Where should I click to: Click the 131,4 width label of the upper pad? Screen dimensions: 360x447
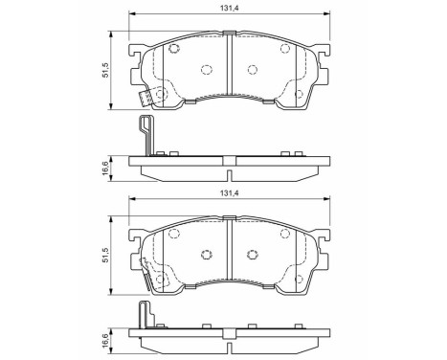coord(229,10)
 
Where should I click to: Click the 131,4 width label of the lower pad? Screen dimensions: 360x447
coord(229,193)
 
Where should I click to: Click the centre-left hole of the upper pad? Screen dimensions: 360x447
coord(206,69)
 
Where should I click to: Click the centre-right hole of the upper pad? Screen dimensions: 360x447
coord(252,69)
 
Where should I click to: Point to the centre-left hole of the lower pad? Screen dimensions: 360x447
coord(206,254)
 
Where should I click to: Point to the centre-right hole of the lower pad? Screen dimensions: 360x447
coord(252,254)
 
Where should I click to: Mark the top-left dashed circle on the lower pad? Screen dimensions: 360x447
coord(175,233)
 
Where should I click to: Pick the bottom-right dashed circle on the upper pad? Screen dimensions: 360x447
coord(300,93)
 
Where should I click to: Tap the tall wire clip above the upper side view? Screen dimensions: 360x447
coord(145,134)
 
